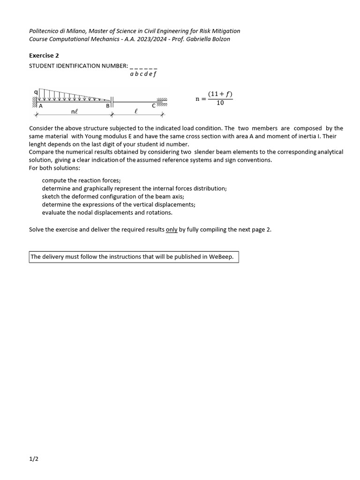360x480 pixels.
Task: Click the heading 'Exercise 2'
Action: (x=44, y=55)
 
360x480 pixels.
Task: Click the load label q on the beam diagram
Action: (x=36, y=91)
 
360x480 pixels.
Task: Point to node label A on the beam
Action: (x=41, y=106)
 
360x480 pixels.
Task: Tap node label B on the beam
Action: (x=107, y=106)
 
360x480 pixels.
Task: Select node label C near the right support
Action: (x=153, y=105)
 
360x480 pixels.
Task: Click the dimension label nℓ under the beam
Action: (x=75, y=112)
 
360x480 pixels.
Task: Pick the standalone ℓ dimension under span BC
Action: (x=135, y=111)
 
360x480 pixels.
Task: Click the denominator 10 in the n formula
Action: (x=220, y=103)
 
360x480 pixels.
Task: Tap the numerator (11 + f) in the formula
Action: (x=220, y=94)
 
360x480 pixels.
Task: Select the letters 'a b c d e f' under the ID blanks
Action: (x=143, y=74)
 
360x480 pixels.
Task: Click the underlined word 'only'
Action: (x=172, y=230)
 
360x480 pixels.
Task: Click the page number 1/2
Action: (x=33, y=459)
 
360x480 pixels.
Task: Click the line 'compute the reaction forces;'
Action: (x=81, y=180)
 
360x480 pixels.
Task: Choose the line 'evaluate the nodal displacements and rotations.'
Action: (x=107, y=212)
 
